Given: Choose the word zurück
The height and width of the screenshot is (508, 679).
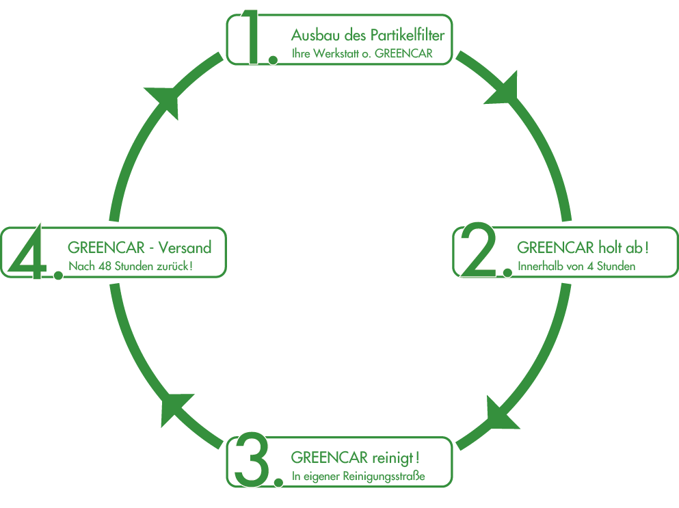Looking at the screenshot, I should [x=174, y=266].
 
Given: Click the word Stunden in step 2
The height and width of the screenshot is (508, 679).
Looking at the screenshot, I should [x=616, y=266].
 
